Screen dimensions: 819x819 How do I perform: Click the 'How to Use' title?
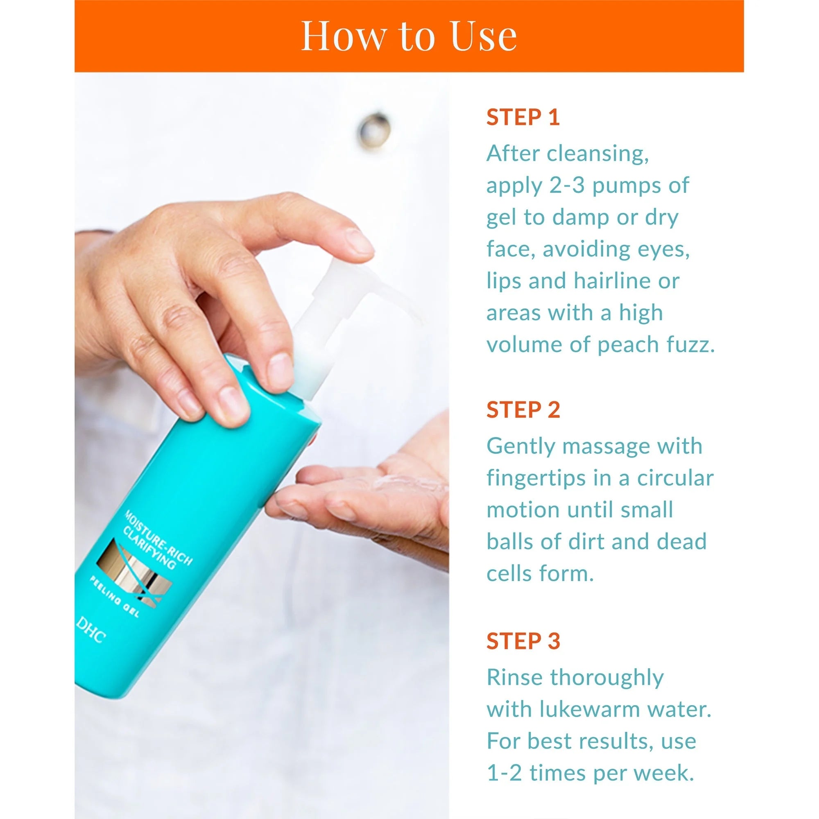point(409,36)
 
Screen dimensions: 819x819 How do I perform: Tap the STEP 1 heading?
point(523,118)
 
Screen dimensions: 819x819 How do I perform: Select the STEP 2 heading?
point(523,410)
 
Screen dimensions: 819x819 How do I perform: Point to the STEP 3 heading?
point(523,640)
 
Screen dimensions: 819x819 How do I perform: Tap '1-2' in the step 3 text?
point(505,772)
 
